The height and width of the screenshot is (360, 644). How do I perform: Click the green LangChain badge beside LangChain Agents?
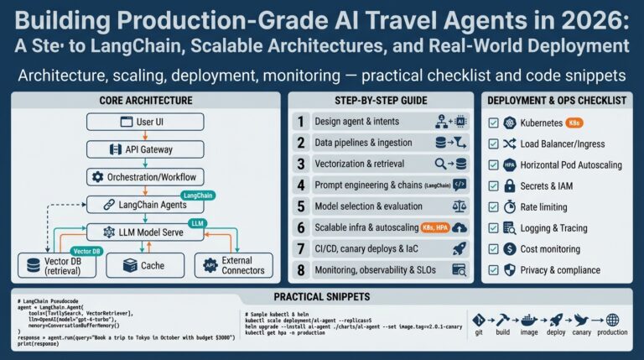198,195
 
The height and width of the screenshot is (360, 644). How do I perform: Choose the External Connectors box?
234,265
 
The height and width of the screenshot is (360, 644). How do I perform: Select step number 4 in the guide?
299,185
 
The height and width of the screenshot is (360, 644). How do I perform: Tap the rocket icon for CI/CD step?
459,248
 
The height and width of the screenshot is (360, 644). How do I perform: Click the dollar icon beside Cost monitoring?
510,248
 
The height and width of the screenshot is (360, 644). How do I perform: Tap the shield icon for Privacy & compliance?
510,269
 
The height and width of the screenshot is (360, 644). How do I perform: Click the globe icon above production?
611,320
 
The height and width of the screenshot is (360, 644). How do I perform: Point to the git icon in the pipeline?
480,320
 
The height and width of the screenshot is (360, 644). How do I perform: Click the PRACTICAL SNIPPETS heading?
321,298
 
